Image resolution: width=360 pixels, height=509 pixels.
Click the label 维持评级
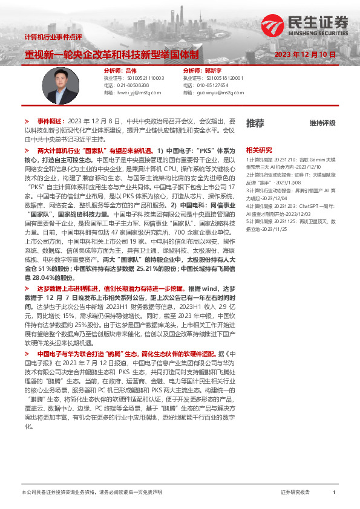point(322,123)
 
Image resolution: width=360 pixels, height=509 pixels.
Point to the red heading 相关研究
point(259,149)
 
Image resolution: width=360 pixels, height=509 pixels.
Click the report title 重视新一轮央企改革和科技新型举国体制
point(111,54)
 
